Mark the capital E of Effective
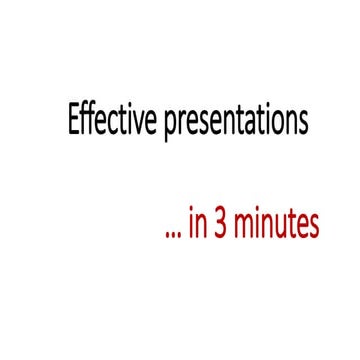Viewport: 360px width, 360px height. pos(73,121)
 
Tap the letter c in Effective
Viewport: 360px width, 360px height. pos(100,124)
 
